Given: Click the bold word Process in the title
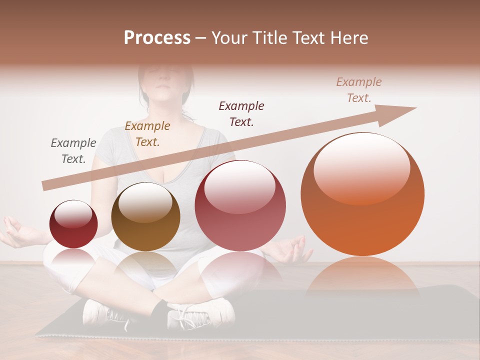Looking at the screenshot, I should coord(157,38).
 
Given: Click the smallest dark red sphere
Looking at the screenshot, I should coord(73,224).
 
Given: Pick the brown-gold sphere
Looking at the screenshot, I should coord(145,217).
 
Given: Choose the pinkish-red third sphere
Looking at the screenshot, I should coord(240,205).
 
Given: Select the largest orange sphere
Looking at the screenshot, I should coord(362,194).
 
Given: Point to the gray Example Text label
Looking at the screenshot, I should coord(73,151).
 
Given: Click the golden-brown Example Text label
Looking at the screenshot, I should coord(147,134).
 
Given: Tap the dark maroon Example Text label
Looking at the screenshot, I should coord(241,113).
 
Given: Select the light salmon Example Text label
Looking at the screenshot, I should coord(359,90).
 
